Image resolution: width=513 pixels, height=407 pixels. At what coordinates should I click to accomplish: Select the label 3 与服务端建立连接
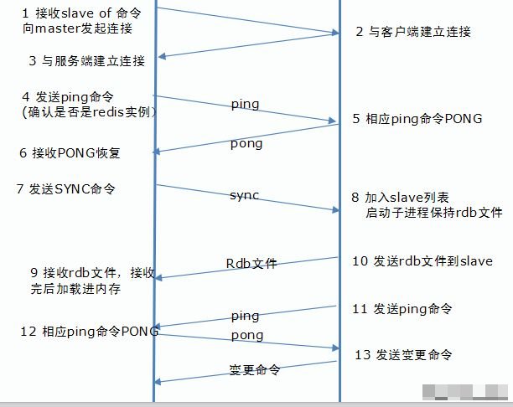pos(86,61)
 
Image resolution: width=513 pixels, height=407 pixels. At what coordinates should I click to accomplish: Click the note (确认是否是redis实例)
pos(80,111)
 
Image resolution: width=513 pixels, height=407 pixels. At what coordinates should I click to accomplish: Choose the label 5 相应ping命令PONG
pos(417,119)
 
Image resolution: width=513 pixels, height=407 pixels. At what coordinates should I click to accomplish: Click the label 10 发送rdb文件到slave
pos(422,261)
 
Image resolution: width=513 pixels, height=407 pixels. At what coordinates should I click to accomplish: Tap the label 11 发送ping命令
pos(402,309)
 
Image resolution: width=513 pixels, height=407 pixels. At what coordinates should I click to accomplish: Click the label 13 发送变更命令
pos(404,355)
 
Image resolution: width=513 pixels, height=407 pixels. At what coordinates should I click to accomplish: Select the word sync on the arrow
pos(244,195)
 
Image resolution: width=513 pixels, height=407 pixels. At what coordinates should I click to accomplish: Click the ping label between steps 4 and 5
pos(245,105)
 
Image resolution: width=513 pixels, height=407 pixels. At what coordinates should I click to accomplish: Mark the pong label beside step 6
pos(246,143)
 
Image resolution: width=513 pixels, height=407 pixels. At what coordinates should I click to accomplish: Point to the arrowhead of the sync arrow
pos(335,209)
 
